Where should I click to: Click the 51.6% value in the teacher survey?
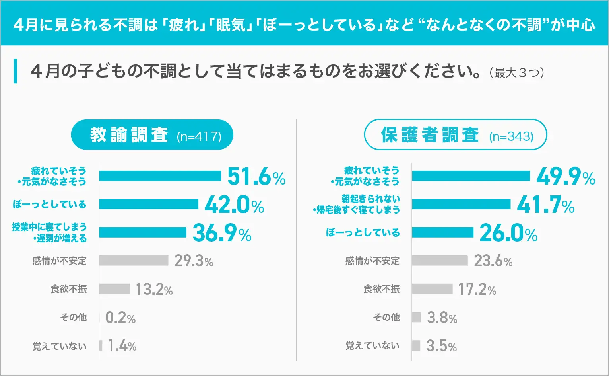(256, 176)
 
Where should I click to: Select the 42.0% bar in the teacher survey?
(149, 204)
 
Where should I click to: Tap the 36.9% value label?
(222, 233)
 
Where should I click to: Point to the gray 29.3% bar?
(134, 261)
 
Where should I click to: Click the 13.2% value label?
(154, 289)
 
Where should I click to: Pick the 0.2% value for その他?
(120, 318)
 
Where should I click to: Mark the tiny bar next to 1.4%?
(101, 345)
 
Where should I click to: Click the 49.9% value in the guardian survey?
(565, 177)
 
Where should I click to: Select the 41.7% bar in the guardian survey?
(461, 204)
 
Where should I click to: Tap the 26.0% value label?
(508, 233)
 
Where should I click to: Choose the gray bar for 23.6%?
(440, 261)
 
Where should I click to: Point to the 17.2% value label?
(477, 289)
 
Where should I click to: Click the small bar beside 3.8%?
(416, 317)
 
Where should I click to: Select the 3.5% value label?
(441, 346)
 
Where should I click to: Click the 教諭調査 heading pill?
(152, 135)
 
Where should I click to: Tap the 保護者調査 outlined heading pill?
(455, 135)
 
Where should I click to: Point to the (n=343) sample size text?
(511, 136)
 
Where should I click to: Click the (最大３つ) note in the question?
(517, 73)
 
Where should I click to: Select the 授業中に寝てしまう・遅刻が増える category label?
(49, 232)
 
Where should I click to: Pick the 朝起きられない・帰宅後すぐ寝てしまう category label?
(357, 204)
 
